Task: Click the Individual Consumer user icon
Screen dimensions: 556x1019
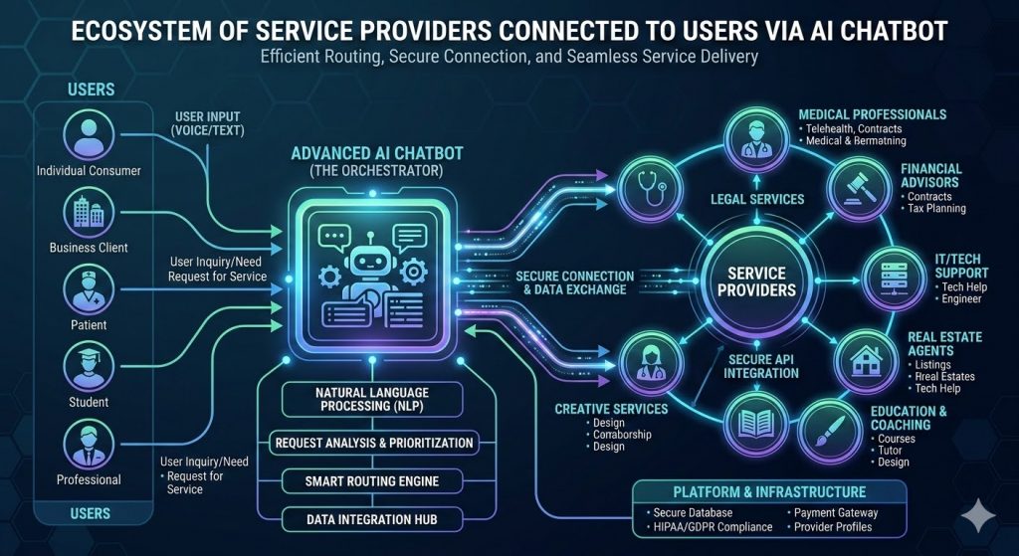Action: pos(88,136)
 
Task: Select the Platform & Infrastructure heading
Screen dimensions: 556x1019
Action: pos(769,491)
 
